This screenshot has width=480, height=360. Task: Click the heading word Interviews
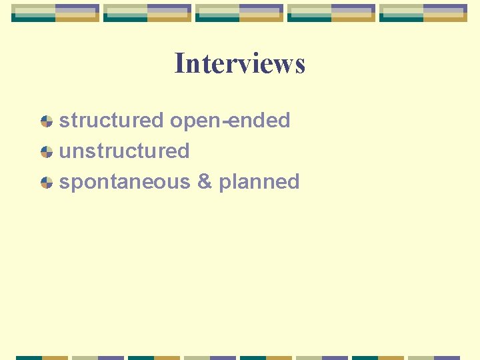(x=239, y=64)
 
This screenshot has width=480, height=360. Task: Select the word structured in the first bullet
(x=111, y=121)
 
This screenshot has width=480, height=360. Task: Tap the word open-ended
(x=230, y=121)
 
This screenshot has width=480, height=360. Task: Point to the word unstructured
(x=125, y=151)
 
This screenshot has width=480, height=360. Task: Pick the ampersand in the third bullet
(x=205, y=182)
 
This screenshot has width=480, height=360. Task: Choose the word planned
(x=259, y=182)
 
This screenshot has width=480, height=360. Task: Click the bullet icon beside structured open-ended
(x=46, y=121)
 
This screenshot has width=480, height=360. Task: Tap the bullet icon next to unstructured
(x=46, y=152)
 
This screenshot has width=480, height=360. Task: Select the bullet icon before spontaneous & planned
(x=46, y=183)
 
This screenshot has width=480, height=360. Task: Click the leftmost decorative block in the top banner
(x=55, y=13)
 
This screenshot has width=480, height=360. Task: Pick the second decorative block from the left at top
(x=147, y=13)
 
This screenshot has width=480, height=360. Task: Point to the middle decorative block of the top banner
(x=239, y=13)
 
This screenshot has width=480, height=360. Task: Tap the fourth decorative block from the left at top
(x=331, y=13)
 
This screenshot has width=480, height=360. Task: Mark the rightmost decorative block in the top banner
(x=423, y=13)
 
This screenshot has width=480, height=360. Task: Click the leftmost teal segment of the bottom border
(x=29, y=358)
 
